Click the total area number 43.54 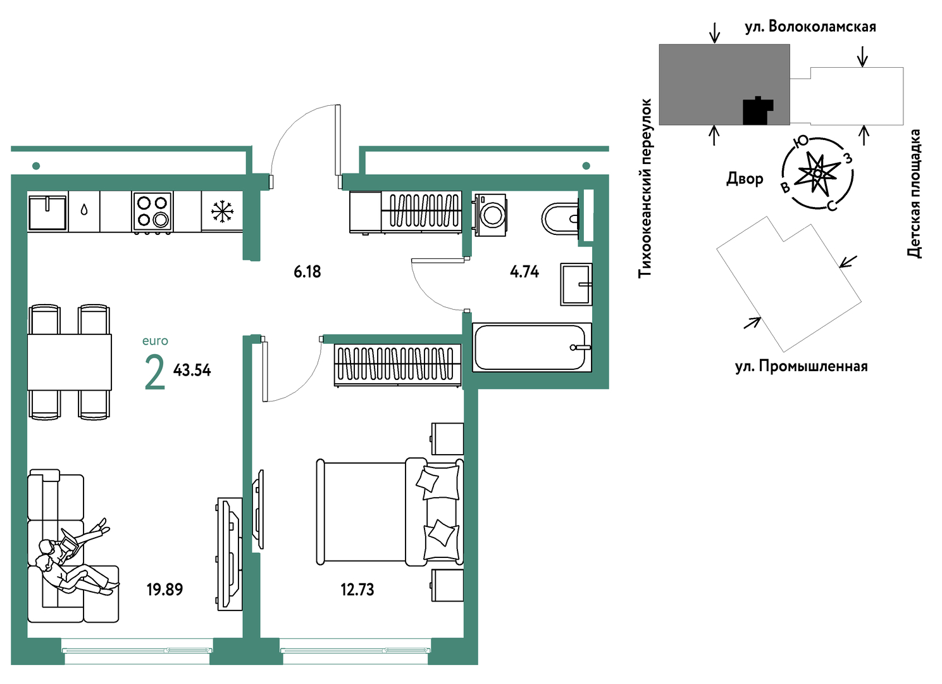pos(192,370)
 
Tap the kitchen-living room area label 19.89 pos(165,590)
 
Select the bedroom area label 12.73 pos(357,590)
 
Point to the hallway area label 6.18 pos(307,272)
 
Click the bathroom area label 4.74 pos(524,272)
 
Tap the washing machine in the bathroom pos(490,215)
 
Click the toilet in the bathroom pos(561,219)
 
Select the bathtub pos(532,347)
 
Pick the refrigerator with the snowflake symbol pos(222,212)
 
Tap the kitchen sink pos(47,212)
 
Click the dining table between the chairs pos(70,362)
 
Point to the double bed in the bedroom pos(390,512)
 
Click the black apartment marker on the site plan pos(757,111)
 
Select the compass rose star pos(817,174)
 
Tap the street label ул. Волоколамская pos(810,27)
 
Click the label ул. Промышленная pos(802,367)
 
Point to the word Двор pos(745,179)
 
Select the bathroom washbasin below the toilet pos(576,284)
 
